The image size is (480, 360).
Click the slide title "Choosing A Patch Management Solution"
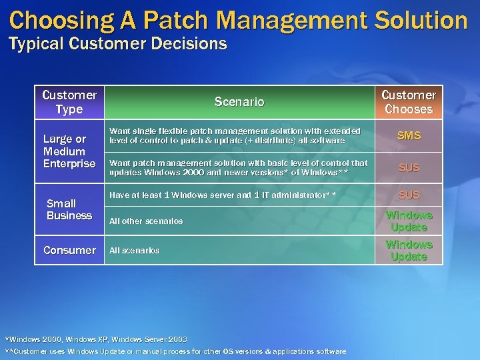tap(239, 20)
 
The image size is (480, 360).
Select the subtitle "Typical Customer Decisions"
tap(117, 45)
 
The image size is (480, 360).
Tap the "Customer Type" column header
tap(69, 102)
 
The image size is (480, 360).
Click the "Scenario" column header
tap(239, 102)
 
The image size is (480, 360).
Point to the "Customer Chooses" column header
tap(408, 102)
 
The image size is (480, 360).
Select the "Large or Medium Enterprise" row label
tap(69, 151)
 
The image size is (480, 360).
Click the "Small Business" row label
tap(69, 209)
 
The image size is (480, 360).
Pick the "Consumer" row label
tap(69, 250)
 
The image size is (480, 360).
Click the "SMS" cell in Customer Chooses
tap(408, 135)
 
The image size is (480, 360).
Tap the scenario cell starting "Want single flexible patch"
tap(235, 135)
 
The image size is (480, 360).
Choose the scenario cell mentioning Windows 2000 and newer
tap(238, 167)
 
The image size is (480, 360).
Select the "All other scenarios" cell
tap(146, 221)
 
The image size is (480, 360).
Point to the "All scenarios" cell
tap(134, 250)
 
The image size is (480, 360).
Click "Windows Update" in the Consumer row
tap(408, 251)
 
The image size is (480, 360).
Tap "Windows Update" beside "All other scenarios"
tap(408, 221)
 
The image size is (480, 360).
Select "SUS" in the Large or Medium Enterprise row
tap(408, 167)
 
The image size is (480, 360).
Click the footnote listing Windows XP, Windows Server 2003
tap(96, 339)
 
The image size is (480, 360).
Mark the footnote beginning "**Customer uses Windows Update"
tap(175, 351)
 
